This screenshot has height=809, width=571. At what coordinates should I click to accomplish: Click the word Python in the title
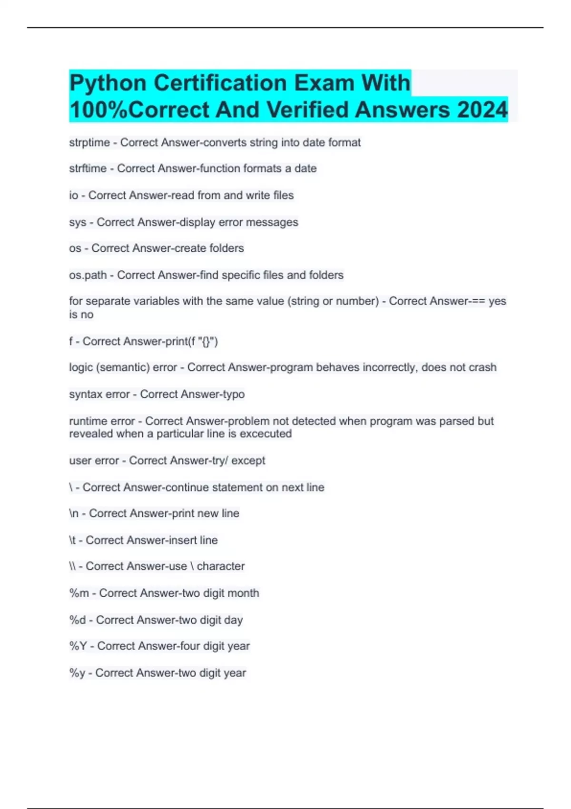pyautogui.click(x=108, y=83)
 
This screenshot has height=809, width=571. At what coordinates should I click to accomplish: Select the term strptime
pyautogui.click(x=89, y=142)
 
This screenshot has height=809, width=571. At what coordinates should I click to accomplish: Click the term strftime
pyautogui.click(x=88, y=168)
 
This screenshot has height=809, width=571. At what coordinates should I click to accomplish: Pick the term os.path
pyautogui.click(x=88, y=275)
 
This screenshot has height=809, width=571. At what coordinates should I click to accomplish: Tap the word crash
pyautogui.click(x=482, y=367)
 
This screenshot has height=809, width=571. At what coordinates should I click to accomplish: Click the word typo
pyautogui.click(x=233, y=394)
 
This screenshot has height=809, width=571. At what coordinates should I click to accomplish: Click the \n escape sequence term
pyautogui.click(x=74, y=513)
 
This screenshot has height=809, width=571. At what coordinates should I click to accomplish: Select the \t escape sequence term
pyautogui.click(x=72, y=540)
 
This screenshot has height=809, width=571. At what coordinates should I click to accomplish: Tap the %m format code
pyautogui.click(x=79, y=593)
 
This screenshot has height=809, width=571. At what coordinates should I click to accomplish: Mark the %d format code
pyautogui.click(x=78, y=620)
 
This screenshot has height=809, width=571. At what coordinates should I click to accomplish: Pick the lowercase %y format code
pyautogui.click(x=77, y=673)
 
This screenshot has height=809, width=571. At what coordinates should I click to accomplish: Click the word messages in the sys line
pyautogui.click(x=277, y=222)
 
